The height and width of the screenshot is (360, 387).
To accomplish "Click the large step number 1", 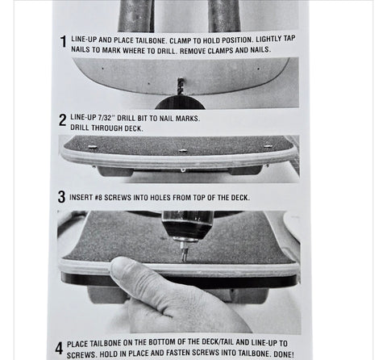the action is (x=63, y=42).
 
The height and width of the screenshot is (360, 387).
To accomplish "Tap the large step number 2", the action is (x=62, y=120).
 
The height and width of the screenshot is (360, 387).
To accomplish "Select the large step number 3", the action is (x=61, y=197).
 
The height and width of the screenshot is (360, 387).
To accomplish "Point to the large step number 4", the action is (x=59, y=348).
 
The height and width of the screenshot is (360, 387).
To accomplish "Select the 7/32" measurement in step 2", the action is (x=106, y=118).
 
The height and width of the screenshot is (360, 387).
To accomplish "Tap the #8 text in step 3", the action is (x=98, y=197).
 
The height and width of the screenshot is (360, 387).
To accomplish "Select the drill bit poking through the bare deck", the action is (x=181, y=86).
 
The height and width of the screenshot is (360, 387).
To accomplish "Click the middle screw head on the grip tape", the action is (x=183, y=150).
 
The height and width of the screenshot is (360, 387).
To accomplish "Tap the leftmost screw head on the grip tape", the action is (x=93, y=147).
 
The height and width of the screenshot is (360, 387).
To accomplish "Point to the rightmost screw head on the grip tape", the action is (x=268, y=146).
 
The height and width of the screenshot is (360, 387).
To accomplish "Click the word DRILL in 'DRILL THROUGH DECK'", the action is (x=80, y=128).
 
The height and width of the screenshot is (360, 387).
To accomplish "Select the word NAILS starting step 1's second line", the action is (x=81, y=49).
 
